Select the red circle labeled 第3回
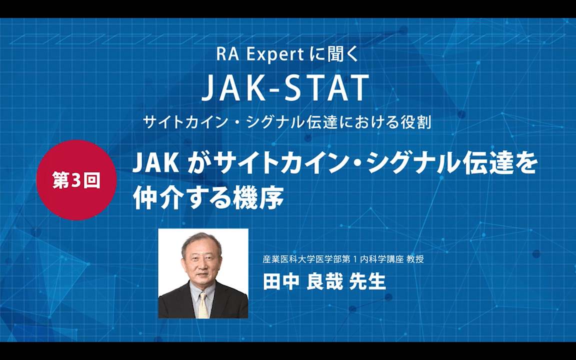point(76,180)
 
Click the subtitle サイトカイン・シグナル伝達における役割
point(286,122)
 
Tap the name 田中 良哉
point(303,281)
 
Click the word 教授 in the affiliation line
point(415,259)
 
